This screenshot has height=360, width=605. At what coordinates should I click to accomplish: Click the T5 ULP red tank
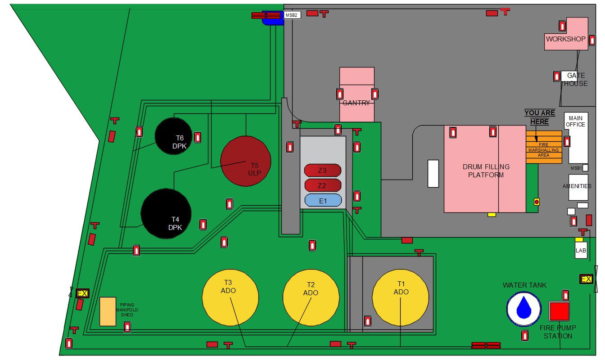click(x=245, y=161)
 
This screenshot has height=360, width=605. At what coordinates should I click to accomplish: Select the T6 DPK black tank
click(x=174, y=136)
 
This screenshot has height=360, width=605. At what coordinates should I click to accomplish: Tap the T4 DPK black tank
click(x=166, y=213)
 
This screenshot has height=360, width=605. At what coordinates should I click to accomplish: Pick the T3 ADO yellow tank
click(x=230, y=297)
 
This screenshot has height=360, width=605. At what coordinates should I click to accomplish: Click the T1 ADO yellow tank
click(x=400, y=297)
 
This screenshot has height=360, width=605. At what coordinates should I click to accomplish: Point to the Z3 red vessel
click(x=322, y=171)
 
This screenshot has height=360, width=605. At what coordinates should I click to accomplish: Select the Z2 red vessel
click(x=322, y=185)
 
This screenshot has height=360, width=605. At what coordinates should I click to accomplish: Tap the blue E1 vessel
click(x=323, y=201)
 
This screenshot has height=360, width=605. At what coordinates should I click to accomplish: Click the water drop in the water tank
click(x=524, y=309)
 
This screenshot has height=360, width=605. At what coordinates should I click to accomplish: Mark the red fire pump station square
click(x=559, y=311)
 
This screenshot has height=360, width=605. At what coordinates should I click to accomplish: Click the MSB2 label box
click(x=292, y=15)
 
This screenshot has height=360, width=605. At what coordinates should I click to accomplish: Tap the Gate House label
click(x=575, y=79)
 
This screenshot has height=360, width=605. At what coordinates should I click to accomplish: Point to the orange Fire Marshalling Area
click(x=544, y=147)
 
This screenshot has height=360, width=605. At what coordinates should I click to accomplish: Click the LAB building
click(x=581, y=250)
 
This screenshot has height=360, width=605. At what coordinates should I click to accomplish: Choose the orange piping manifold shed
click(x=108, y=311)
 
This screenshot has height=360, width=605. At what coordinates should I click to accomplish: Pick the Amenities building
click(x=578, y=186)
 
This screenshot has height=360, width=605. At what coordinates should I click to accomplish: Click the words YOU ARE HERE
click(x=539, y=117)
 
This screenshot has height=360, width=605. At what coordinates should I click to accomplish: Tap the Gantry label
click(x=357, y=103)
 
